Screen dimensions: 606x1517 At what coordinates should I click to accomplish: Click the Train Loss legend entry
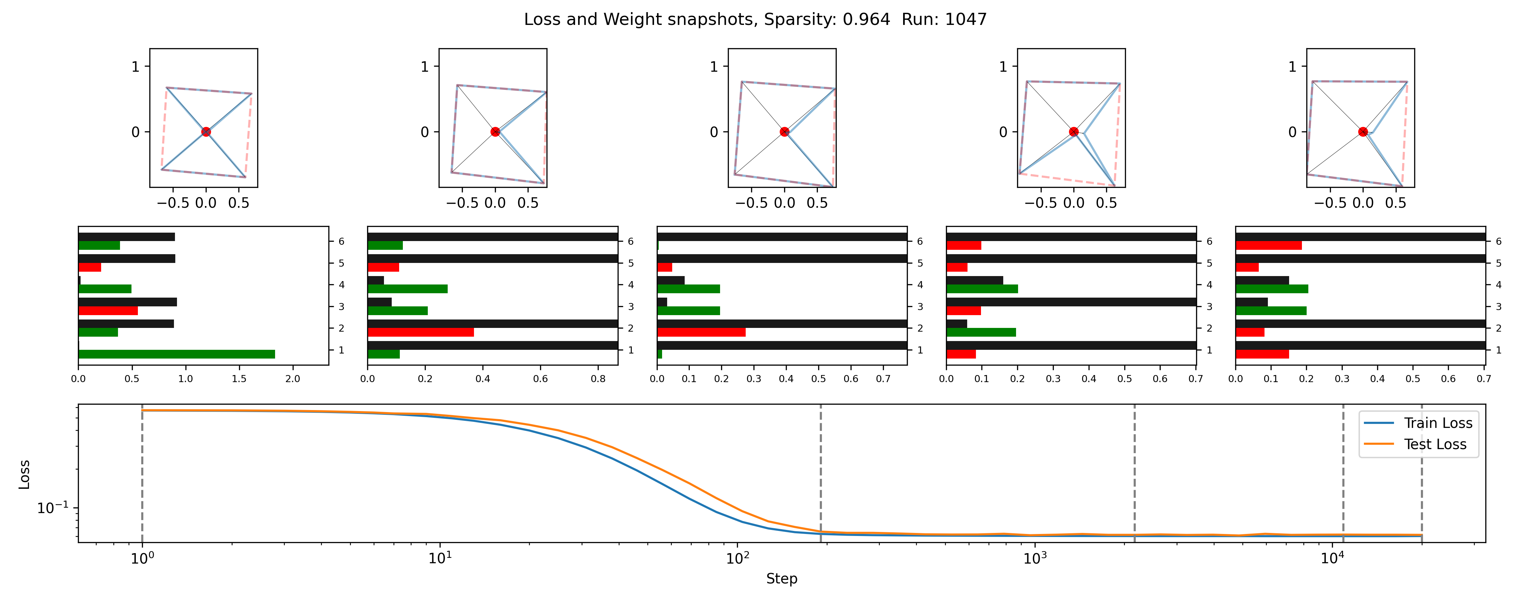1437,423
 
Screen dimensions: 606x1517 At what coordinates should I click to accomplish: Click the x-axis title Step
781,579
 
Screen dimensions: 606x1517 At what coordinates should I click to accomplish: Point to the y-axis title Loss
24,474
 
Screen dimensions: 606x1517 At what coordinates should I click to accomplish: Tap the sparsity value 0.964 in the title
866,20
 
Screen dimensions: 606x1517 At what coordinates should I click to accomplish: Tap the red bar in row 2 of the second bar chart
420,332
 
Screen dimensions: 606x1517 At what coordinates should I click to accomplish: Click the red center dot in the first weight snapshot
206,132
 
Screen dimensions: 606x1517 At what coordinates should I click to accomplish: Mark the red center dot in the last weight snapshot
1363,132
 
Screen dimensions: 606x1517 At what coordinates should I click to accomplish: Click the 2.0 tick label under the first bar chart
293,379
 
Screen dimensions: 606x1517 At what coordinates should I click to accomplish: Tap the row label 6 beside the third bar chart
920,241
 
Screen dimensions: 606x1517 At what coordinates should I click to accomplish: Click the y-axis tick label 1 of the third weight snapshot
714,66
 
